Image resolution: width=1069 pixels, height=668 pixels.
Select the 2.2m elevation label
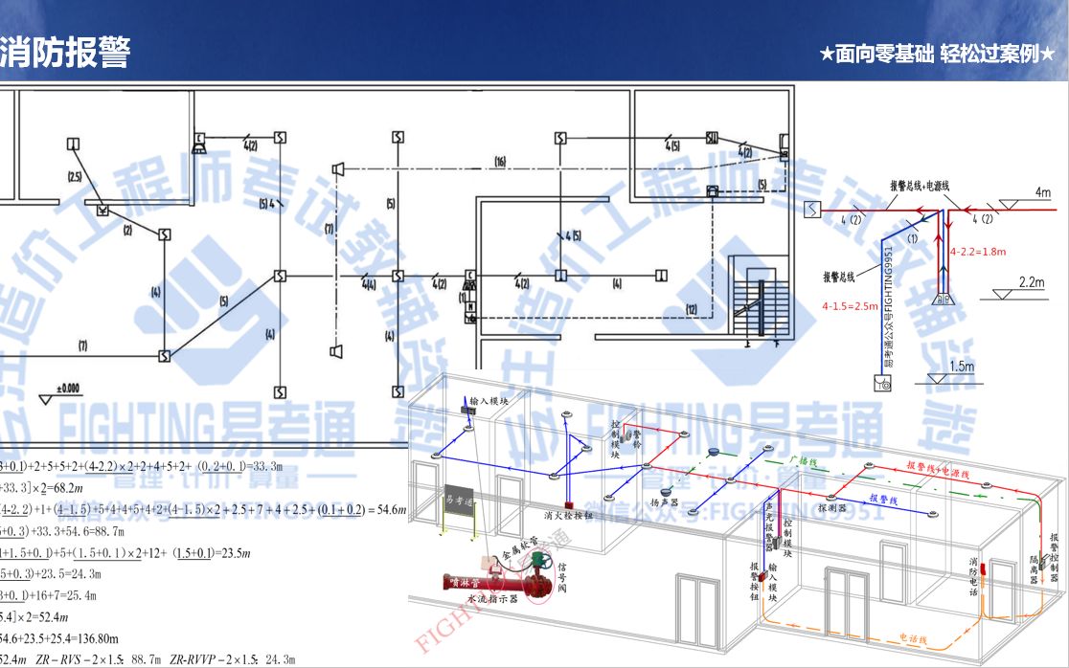1030,283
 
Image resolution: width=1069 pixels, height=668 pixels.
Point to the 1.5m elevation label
960,366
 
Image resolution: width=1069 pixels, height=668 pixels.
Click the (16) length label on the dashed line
499,160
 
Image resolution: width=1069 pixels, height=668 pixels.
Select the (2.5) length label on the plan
75,177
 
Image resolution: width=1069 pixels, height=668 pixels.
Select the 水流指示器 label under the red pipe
493,598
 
